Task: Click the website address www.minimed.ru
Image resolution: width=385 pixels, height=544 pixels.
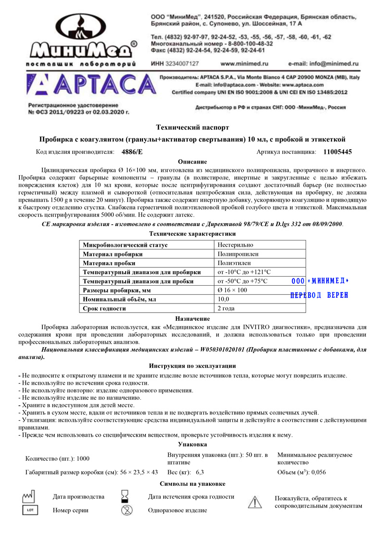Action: (x=244, y=63)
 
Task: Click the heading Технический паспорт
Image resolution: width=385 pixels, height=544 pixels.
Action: (x=192, y=127)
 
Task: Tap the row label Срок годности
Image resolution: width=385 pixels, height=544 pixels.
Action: (x=104, y=308)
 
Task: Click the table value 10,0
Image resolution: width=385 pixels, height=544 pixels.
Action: (x=224, y=299)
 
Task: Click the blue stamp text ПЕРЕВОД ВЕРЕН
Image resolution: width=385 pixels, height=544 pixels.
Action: (x=319, y=295)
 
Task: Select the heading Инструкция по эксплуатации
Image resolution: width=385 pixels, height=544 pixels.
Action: (x=192, y=366)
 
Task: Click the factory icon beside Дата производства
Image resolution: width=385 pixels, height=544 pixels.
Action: (x=29, y=496)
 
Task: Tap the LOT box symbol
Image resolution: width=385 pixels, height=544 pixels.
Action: (x=29, y=510)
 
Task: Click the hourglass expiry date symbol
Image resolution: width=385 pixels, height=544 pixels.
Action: (x=126, y=496)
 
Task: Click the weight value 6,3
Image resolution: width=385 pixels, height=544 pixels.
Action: (x=200, y=472)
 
